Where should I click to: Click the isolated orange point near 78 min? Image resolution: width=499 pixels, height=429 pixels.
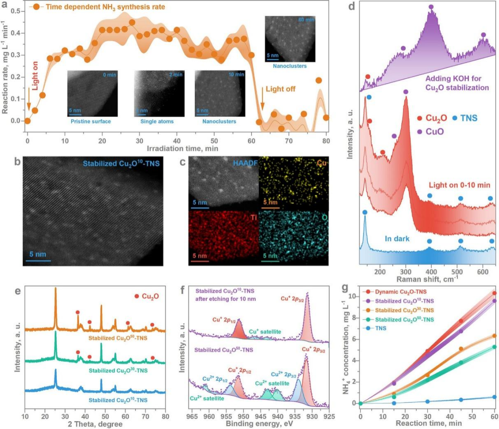coord(318,80)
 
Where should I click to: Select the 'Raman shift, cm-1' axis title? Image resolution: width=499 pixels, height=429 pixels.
coord(427,278)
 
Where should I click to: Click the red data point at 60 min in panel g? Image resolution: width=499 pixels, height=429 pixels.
coord(494,293)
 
